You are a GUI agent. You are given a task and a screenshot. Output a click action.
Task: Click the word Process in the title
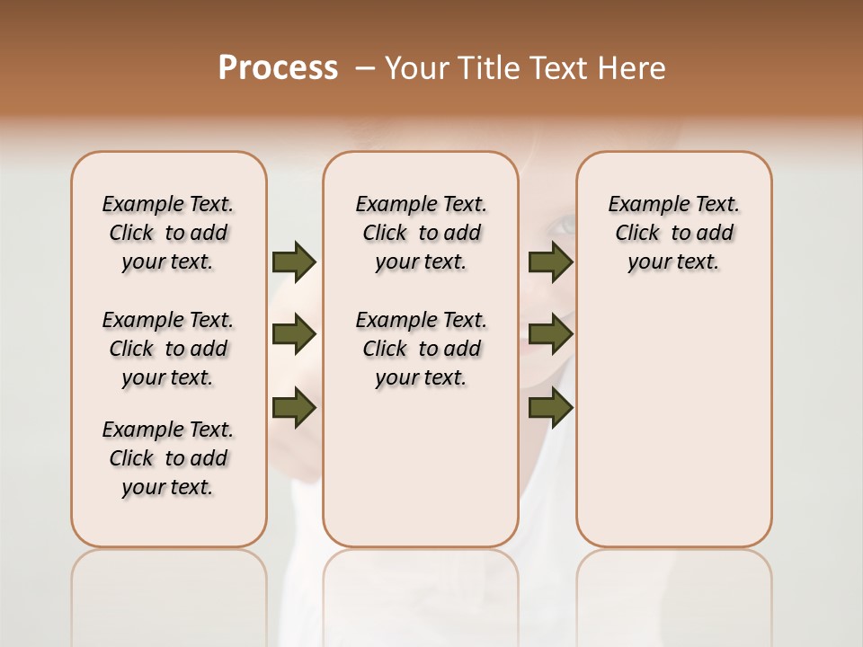tap(278, 68)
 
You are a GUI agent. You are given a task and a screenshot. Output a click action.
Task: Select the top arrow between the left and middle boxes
tap(294, 261)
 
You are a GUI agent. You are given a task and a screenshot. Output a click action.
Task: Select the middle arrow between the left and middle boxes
tap(294, 334)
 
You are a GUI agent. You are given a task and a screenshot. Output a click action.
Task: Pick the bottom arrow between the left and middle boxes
tap(294, 407)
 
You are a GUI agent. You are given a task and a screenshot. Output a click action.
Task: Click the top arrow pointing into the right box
tap(550, 261)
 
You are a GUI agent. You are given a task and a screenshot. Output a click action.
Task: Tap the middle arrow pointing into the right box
tap(550, 334)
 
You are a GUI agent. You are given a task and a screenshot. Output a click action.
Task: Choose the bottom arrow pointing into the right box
tap(550, 407)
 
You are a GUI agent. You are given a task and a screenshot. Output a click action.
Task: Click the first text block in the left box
tap(168, 233)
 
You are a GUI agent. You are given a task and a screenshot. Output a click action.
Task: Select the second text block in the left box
tap(168, 349)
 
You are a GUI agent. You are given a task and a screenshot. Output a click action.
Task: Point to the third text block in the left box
tap(168, 458)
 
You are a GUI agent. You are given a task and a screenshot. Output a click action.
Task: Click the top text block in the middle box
tap(421, 233)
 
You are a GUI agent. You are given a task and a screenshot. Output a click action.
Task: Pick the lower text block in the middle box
tap(421, 349)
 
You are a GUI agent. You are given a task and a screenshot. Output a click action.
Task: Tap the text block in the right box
tap(673, 233)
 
